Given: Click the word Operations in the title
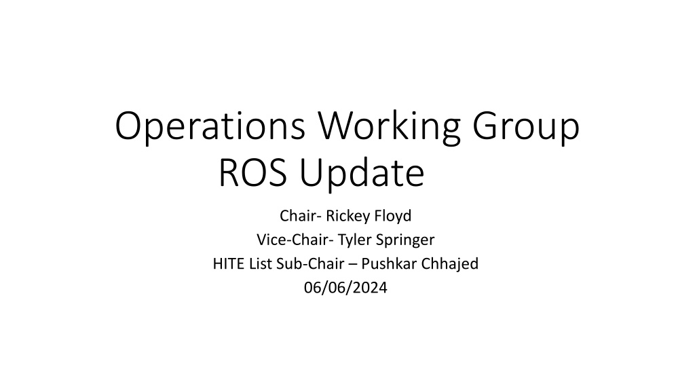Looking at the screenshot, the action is pos(210,127).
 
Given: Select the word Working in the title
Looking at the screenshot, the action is pos(389,127).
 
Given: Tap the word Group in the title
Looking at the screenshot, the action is pos(526,127).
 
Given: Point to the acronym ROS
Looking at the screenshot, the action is pos(252,173).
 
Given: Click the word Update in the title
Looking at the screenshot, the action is pos(362,174).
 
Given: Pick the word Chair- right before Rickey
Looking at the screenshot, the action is pos(301,216).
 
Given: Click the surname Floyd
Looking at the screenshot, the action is pos(393,217).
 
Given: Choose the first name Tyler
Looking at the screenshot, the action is pos(354,240).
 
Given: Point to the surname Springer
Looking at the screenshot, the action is pos(405,240).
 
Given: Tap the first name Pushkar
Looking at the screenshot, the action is pos(389,264).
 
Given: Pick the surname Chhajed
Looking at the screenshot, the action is pos(450,264).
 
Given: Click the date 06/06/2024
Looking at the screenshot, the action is pos(345,288).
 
